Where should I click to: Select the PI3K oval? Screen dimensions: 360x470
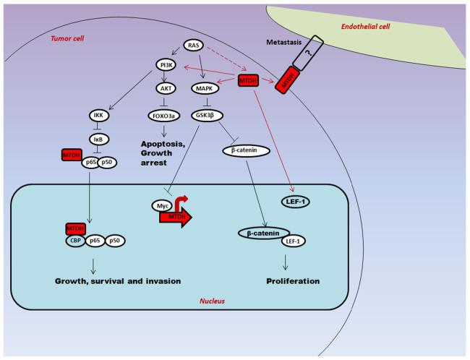[x=166, y=65]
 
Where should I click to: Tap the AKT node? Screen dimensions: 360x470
[x=166, y=90]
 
